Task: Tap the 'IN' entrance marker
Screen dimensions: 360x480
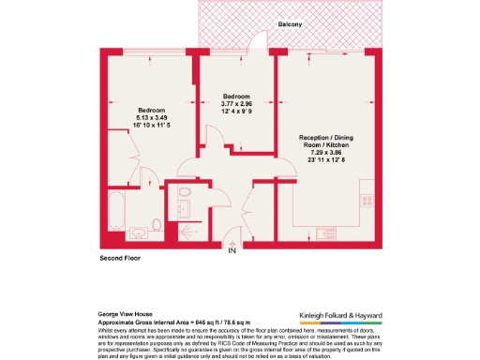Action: (232, 249)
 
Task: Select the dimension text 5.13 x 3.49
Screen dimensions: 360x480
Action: (144, 117)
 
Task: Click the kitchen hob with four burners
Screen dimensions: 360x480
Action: (367, 200)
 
